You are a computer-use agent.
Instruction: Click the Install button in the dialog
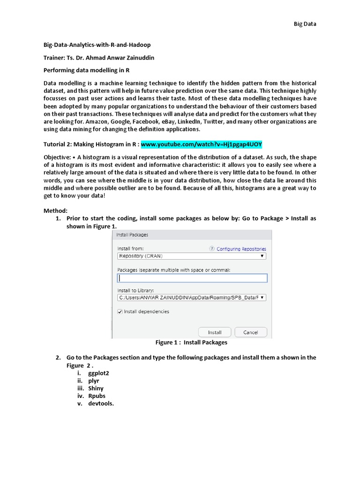215,332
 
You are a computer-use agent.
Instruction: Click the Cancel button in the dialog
251,332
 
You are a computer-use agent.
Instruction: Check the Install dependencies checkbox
120,312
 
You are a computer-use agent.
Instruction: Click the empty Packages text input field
192,278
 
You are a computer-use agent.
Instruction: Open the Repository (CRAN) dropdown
191,256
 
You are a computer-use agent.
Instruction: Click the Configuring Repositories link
241,249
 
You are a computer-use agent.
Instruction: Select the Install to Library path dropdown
191,297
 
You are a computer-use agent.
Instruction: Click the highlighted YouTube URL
205,144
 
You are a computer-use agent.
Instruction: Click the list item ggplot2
98,373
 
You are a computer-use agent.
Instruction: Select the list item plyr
94,381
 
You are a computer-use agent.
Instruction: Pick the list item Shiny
96,388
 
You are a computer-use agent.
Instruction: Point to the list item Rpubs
97,396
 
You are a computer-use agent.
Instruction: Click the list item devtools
101,403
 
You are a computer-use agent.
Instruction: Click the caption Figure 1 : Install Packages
191,343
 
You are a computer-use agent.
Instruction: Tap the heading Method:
56,211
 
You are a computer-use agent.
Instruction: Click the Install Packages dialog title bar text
132,235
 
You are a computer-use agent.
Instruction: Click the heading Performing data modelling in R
86,70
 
